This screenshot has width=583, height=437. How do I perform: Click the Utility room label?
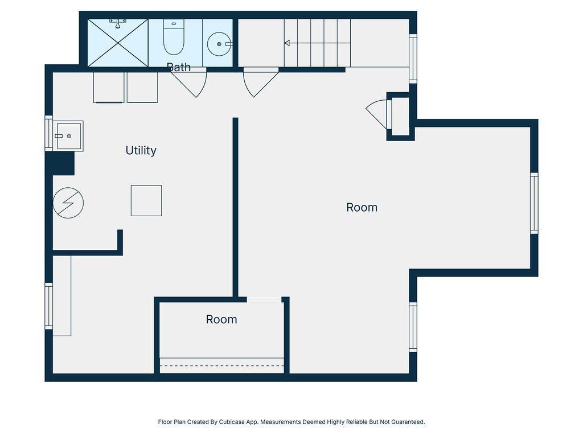pos(141,150)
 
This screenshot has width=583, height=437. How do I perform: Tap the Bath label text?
pos(179,67)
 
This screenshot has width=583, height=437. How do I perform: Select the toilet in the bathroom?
pos(174,37)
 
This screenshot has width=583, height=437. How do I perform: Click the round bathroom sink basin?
pos(219,44)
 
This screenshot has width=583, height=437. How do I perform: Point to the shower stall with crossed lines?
pos(118,43)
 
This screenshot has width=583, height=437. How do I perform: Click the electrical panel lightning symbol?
pos(68,203)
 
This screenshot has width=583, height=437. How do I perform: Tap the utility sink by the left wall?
pos(68,136)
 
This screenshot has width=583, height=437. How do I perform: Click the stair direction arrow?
pos(317,43)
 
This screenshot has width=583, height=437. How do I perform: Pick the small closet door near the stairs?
pos(378,113)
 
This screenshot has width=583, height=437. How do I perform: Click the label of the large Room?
pos(362,207)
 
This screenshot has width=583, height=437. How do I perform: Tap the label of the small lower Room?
pos(221,320)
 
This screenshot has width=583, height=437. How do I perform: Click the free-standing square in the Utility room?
pos(146,201)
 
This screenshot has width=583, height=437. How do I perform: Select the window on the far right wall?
pos(534,203)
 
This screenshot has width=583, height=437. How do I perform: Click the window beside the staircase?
pos(413,59)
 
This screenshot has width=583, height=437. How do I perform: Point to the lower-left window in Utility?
pos(49,306)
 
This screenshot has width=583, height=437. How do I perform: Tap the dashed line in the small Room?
pos(222,366)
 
